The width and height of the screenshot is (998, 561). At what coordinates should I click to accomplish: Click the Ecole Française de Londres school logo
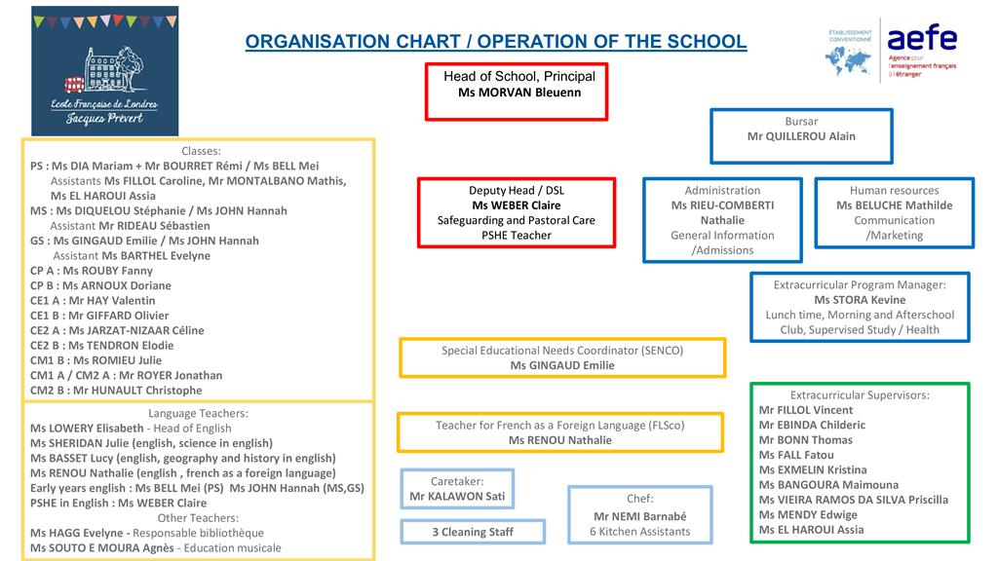pos(105,70)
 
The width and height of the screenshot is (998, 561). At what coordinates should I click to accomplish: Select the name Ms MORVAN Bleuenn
pos(518,93)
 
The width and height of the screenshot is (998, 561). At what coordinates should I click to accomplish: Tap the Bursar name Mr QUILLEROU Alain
pos(801,136)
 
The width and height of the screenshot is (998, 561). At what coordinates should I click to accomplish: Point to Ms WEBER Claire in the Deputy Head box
pos(516,206)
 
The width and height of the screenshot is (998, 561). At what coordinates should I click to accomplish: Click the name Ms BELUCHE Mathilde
pos(894,206)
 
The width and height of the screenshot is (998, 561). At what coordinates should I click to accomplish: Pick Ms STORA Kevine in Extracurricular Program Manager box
pos(860,300)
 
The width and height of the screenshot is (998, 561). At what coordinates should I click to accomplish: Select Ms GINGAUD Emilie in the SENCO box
pos(562,365)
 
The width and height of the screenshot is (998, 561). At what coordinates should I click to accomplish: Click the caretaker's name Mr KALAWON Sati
pos(457,497)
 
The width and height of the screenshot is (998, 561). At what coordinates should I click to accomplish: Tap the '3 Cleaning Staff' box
pos(473,532)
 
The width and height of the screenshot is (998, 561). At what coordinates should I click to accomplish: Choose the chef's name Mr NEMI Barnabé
pos(639,516)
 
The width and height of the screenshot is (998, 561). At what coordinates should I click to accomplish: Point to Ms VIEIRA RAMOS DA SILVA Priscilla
pos(853,500)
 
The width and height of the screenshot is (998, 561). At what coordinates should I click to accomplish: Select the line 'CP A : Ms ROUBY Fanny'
pos(92,271)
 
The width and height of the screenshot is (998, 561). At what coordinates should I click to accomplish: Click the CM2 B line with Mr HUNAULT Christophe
pos(116,391)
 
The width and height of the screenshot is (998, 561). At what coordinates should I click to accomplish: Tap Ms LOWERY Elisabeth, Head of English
pos(131,428)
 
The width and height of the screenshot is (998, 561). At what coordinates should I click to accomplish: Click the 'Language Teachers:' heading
pos(198,413)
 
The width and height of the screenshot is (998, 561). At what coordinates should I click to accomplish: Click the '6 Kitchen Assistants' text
pos(639,532)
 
